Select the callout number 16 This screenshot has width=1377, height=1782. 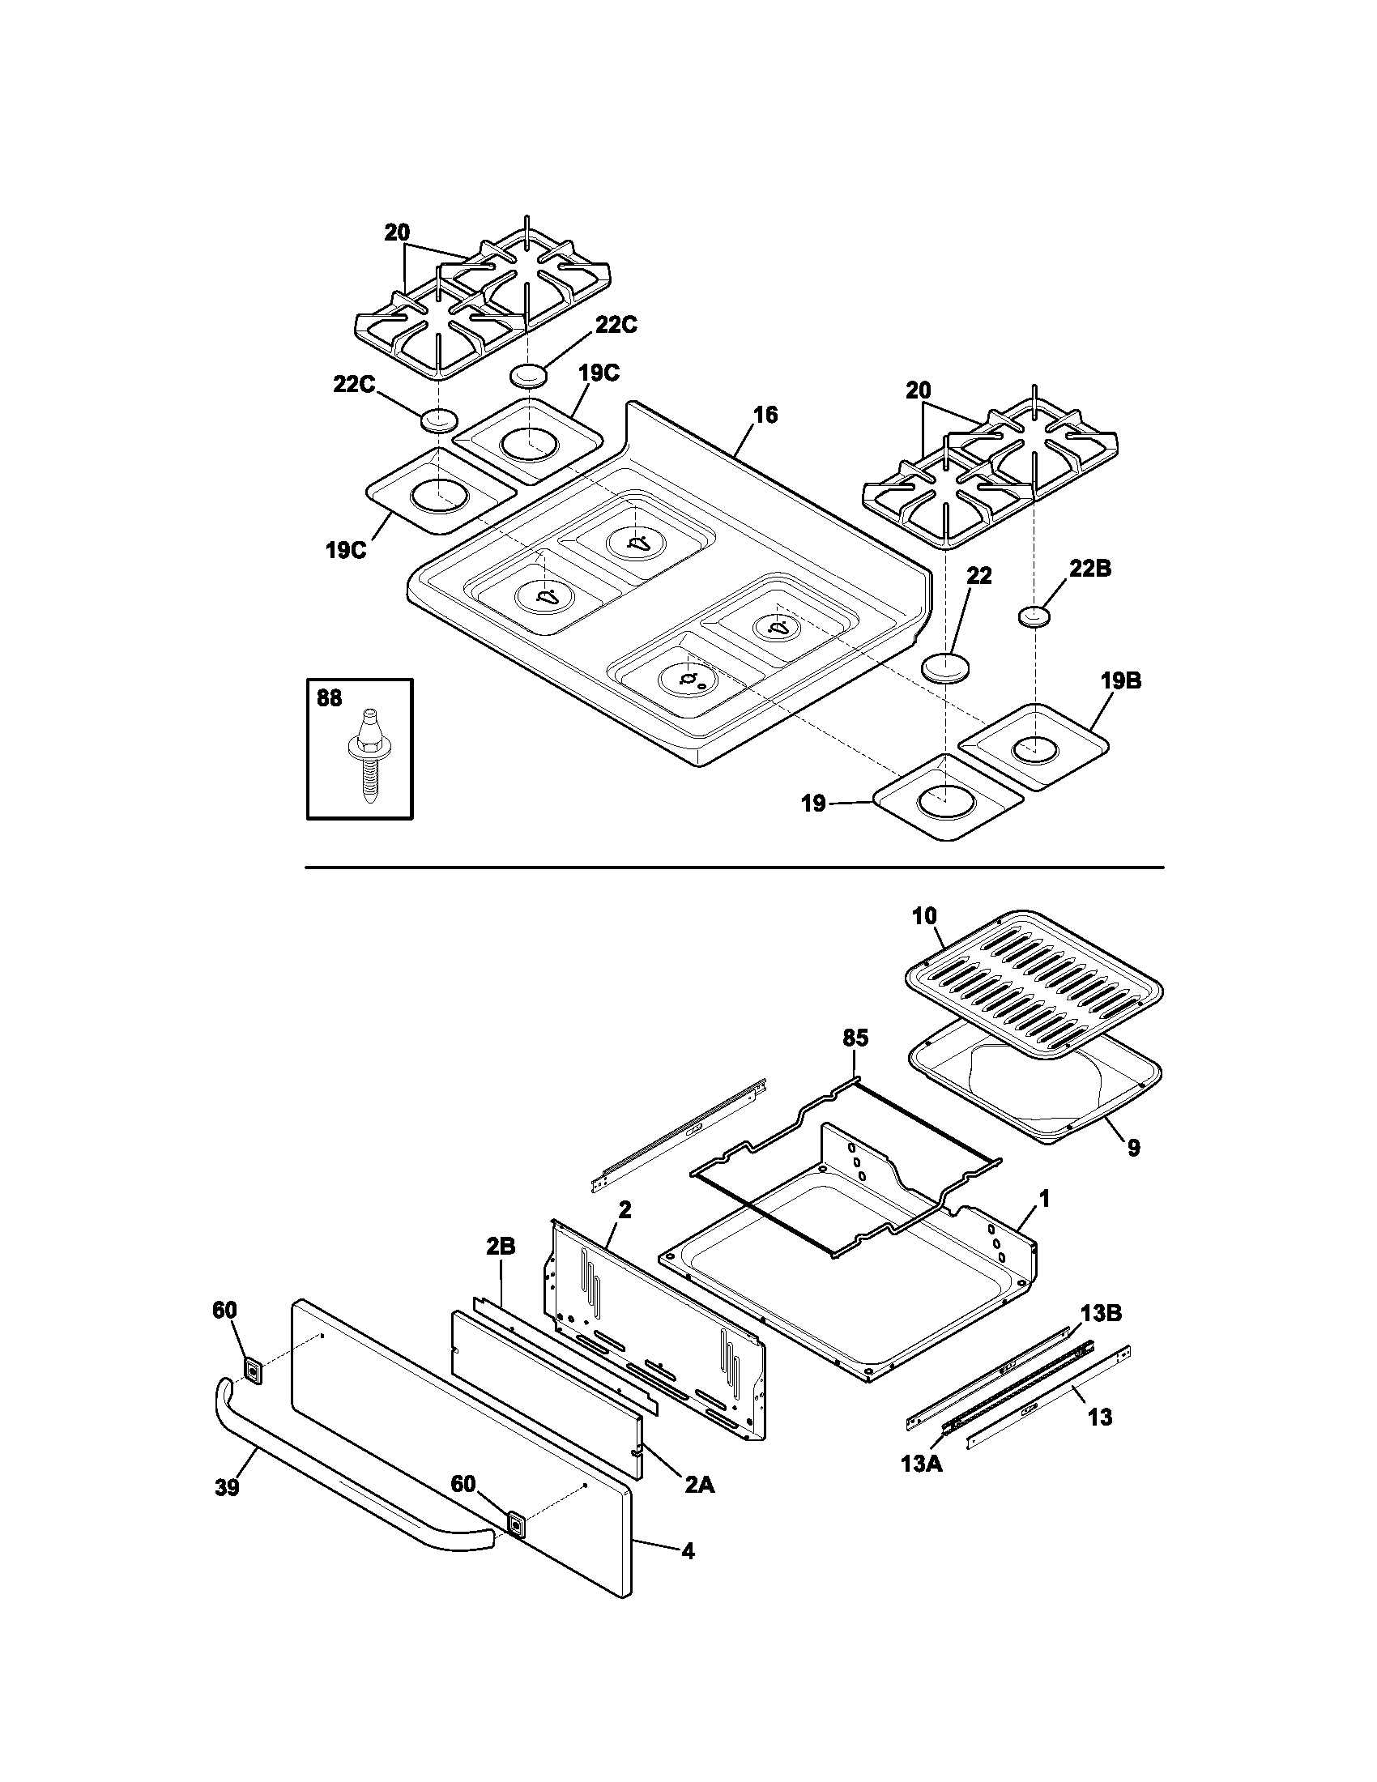(x=765, y=415)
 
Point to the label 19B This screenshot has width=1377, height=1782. (x=1120, y=680)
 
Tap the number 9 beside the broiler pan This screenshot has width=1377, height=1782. (x=1133, y=1148)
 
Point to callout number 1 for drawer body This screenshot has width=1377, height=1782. (x=1045, y=1199)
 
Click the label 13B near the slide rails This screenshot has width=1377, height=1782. (x=1102, y=1313)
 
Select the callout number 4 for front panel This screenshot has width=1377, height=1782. (x=688, y=1551)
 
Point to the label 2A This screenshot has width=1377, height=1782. (x=698, y=1485)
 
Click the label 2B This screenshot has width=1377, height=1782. (x=500, y=1269)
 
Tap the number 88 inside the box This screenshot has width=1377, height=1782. (x=330, y=698)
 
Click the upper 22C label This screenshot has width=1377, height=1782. (x=616, y=325)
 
